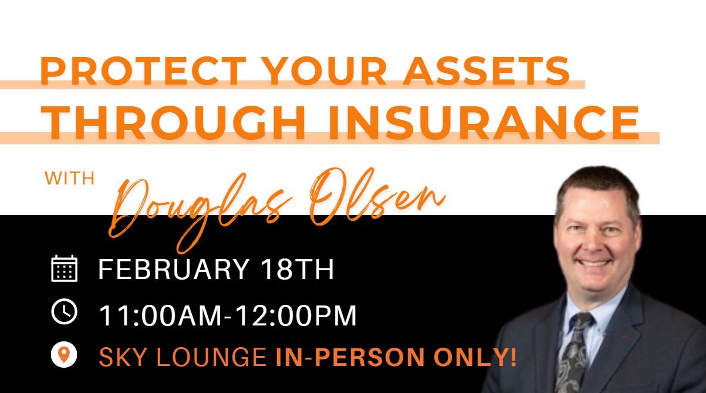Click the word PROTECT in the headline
(143, 71)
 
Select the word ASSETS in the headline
(487, 71)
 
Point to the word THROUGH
(173, 122)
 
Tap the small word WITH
(70, 179)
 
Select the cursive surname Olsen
(377, 197)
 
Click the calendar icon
(65, 268)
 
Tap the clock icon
(65, 311)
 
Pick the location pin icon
(64, 354)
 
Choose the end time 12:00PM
(296, 315)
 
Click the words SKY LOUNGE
(183, 357)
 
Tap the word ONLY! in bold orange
(475, 357)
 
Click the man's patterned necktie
(572, 353)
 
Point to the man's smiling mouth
(593, 263)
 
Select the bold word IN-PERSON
(350, 357)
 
